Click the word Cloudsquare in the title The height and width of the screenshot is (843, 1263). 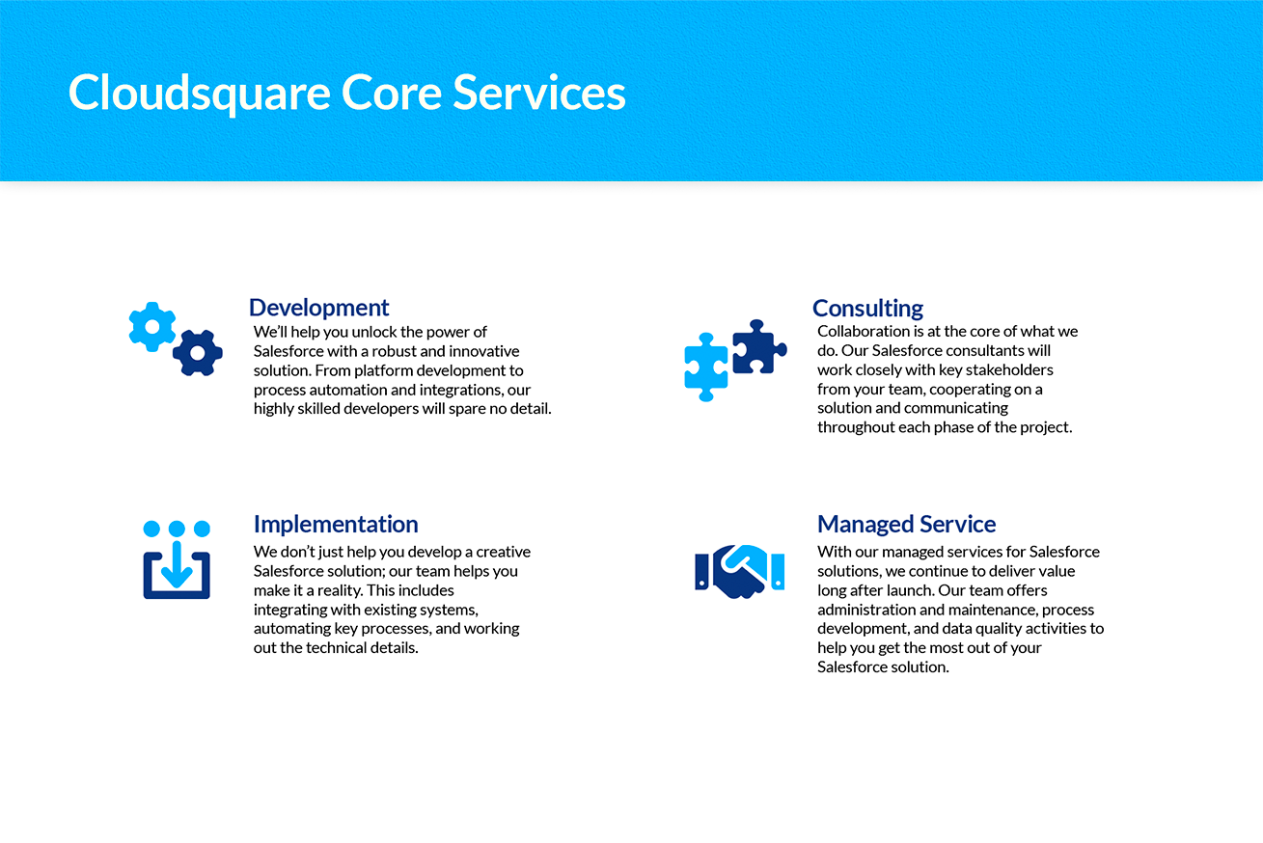click(x=199, y=94)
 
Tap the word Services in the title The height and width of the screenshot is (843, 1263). click(x=539, y=93)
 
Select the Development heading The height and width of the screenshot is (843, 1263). click(x=318, y=308)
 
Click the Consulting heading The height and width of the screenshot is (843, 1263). click(x=867, y=309)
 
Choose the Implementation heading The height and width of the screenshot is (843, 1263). click(x=336, y=524)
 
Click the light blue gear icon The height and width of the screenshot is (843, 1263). click(x=151, y=327)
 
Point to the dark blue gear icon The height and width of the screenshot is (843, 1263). click(x=198, y=353)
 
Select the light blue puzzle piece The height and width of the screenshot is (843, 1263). click(x=706, y=367)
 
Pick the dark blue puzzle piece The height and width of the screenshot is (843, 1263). click(x=759, y=347)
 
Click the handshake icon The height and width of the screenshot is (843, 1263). click(x=740, y=571)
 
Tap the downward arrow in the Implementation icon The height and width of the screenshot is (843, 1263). click(x=177, y=564)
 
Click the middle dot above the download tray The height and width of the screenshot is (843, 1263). click(x=177, y=529)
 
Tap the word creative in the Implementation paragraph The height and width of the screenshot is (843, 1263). click(x=503, y=551)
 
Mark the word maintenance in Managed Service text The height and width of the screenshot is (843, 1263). click(x=998, y=610)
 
